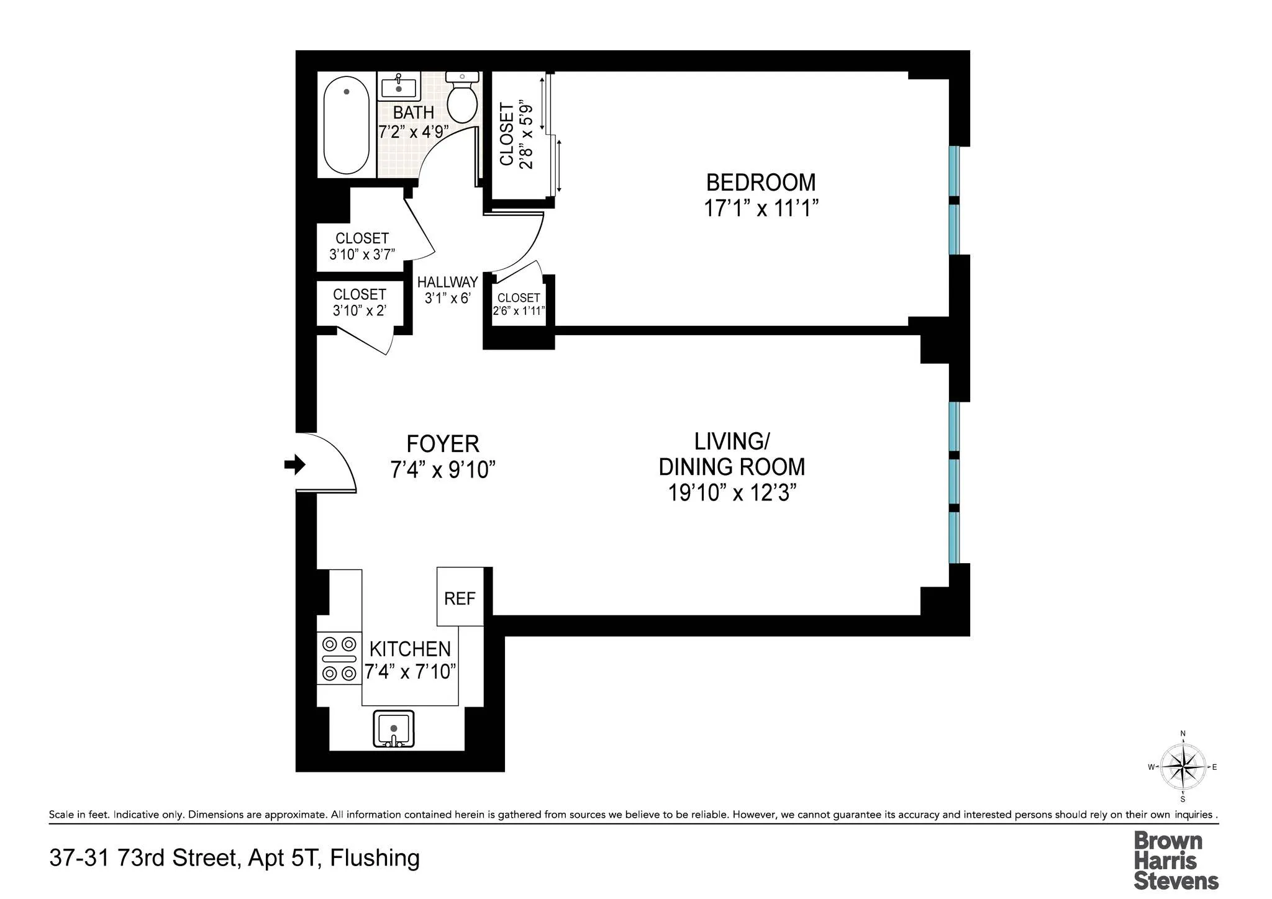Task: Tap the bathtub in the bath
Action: (346, 125)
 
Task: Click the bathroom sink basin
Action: (398, 88)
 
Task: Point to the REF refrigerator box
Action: (460, 597)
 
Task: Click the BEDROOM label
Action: (761, 183)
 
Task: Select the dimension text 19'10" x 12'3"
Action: (732, 493)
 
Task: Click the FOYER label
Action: (443, 445)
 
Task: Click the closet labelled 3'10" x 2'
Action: (360, 302)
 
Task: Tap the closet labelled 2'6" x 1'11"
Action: (519, 304)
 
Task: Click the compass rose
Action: (1183, 767)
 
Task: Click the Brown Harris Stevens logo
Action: (1175, 860)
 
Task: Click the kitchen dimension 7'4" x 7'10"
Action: (410, 672)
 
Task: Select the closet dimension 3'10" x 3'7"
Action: (362, 254)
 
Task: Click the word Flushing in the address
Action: (375, 858)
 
